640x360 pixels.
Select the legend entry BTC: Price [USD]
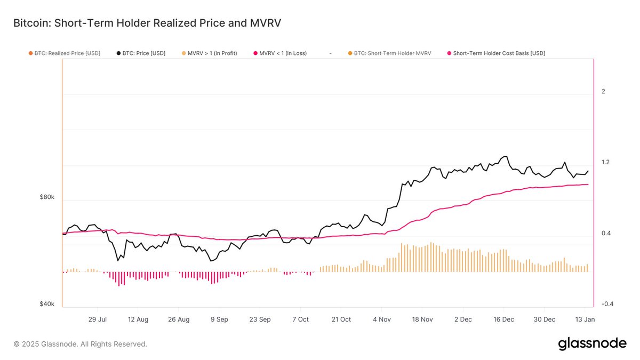point(141,53)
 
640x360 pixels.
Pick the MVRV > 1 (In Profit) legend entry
point(209,53)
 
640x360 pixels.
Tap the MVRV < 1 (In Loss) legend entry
point(279,53)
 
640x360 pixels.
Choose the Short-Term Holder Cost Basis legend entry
point(495,53)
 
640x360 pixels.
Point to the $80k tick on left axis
point(47,197)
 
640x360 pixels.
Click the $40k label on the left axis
point(47,304)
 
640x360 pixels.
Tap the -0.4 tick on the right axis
point(607,304)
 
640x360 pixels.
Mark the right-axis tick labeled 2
point(603,92)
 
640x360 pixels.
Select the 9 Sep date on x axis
point(219,319)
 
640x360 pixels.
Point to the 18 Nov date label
point(422,319)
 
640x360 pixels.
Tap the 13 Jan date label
point(585,319)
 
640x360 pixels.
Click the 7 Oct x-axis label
point(300,319)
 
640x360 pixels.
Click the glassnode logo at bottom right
point(592,344)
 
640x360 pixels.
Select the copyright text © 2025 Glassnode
point(80,344)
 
